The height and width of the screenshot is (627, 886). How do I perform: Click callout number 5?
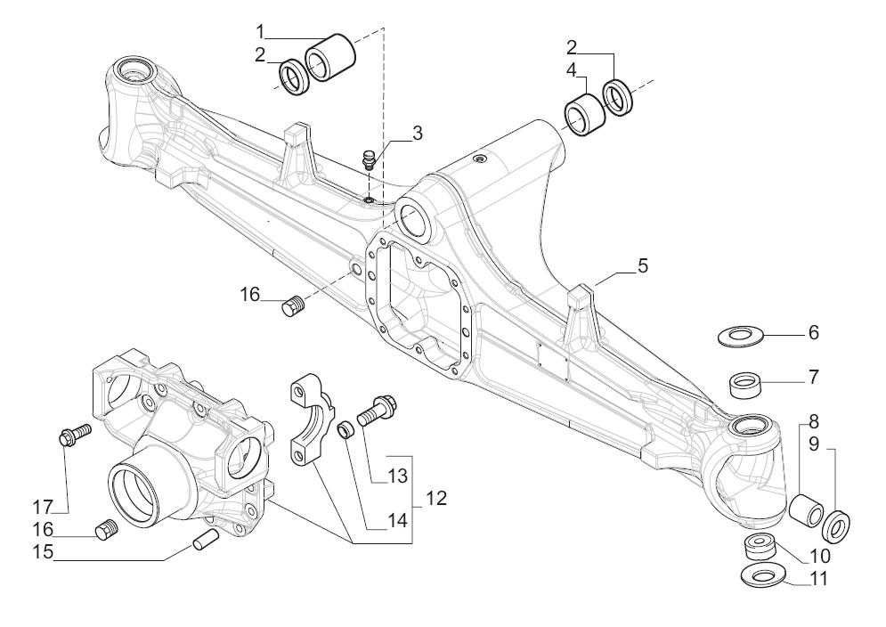642,266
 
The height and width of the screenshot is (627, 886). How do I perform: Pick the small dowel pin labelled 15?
204,540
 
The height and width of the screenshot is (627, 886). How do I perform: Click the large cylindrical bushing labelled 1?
331,58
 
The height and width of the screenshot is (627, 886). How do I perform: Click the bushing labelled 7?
747,387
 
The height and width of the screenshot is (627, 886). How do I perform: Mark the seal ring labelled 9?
838,526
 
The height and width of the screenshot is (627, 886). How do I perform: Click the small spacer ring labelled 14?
348,431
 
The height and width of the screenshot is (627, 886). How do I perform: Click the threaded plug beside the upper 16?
293,308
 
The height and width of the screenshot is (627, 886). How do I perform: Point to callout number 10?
818,555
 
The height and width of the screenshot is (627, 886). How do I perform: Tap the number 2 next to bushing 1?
260,55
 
